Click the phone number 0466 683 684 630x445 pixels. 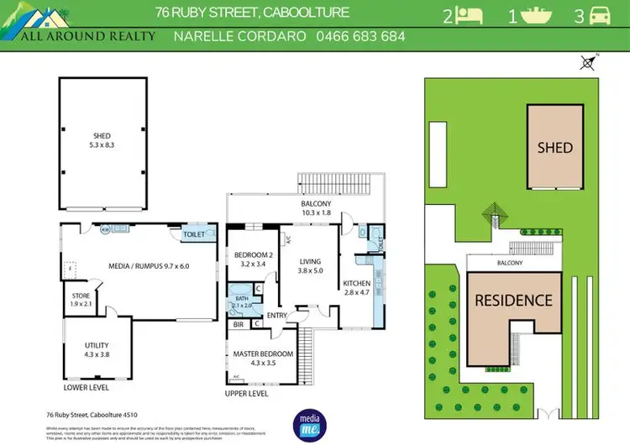tap(360, 36)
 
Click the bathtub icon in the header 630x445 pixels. tap(535, 15)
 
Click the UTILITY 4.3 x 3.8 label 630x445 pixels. tap(97, 350)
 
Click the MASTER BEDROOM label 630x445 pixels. tap(263, 359)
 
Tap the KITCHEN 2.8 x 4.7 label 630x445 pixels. tap(356, 288)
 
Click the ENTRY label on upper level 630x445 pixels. tap(278, 315)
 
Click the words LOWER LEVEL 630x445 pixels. tap(87, 388)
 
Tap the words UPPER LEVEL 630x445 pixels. tap(247, 393)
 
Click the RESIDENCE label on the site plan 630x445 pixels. tap(514, 300)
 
